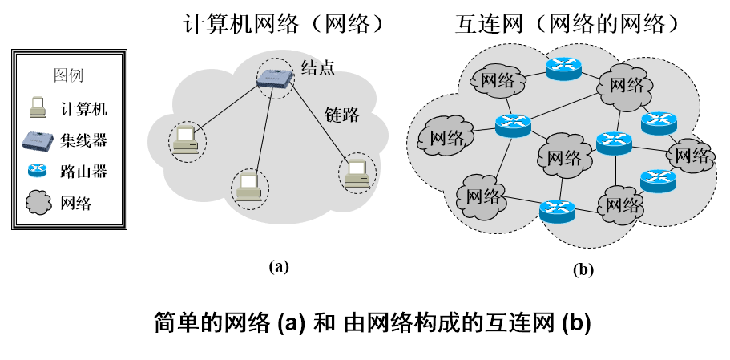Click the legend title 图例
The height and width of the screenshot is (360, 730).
[68, 77]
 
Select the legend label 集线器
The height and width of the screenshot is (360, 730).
[83, 140]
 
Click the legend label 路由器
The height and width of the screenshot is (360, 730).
[83, 171]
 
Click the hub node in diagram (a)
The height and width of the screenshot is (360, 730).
[275, 75]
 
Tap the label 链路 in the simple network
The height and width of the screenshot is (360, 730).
[341, 115]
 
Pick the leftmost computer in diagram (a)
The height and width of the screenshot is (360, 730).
[187, 141]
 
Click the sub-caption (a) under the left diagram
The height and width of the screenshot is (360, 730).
[278, 266]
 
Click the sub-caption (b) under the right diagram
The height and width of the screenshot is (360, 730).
[583, 269]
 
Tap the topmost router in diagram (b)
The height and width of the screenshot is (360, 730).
[563, 69]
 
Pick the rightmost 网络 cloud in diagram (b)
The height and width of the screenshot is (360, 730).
[691, 156]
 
